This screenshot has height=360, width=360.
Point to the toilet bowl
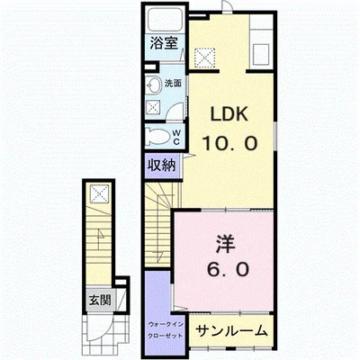[157, 137]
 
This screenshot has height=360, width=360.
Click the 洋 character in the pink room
[224, 244]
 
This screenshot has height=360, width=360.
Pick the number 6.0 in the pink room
[225, 270]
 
